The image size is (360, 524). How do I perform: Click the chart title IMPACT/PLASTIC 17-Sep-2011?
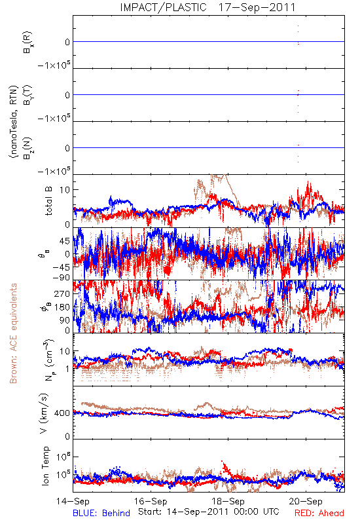click(x=207, y=7)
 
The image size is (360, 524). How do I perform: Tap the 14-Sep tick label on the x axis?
click(x=73, y=502)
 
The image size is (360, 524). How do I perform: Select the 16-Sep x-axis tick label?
click(x=151, y=502)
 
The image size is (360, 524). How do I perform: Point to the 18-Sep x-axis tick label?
click(x=228, y=502)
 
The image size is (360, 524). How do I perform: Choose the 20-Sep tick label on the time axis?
click(x=306, y=502)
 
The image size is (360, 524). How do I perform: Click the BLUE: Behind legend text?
click(x=101, y=514)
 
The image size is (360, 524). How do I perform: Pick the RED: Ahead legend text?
click(x=319, y=514)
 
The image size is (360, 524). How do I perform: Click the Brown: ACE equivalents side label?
click(x=13, y=333)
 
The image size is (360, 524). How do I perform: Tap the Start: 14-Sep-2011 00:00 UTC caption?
click(x=209, y=512)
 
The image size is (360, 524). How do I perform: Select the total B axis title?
click(x=48, y=201)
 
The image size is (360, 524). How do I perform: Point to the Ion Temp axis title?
click(x=45, y=466)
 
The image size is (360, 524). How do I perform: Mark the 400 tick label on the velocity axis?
click(x=62, y=413)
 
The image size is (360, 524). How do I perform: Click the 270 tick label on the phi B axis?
click(x=62, y=293)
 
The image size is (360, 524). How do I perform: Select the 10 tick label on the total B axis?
click(x=65, y=190)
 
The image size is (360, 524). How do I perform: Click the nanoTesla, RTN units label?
click(x=14, y=122)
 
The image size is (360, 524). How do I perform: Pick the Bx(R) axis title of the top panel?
click(x=27, y=42)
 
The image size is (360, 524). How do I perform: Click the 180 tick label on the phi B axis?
click(x=62, y=307)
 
